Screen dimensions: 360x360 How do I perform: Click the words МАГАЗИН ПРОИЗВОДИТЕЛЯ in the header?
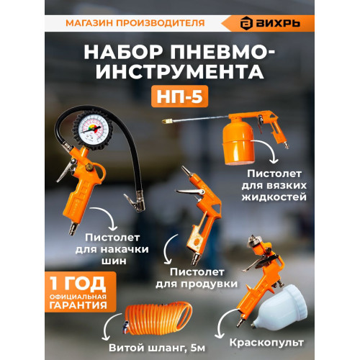coord(135,22)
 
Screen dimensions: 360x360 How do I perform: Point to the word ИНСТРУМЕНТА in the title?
coord(180,71)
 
